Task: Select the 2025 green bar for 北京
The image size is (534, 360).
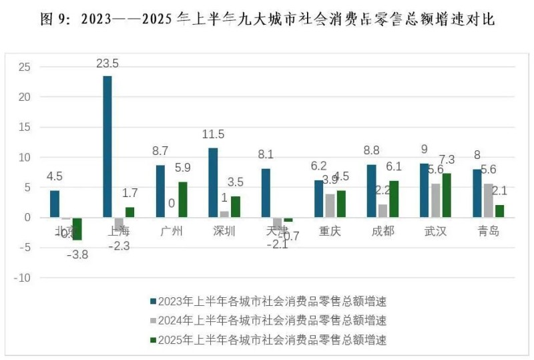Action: pos(77,228)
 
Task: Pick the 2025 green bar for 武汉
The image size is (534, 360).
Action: pos(447,195)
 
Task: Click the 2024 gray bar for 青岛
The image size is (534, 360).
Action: pos(489,200)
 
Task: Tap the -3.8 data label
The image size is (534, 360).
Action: pos(79,254)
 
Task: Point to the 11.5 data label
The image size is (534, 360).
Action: pos(213,134)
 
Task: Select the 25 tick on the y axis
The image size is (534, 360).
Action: pos(25,67)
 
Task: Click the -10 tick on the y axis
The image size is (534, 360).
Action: pos(23,278)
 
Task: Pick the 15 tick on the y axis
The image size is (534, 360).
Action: pos(25,127)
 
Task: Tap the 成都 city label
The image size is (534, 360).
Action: pos(382,232)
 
